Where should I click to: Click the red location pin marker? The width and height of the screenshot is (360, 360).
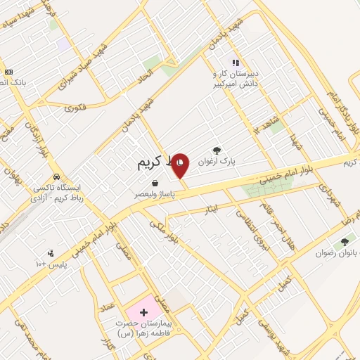[181, 165]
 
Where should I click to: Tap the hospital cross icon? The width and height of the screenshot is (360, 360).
[143, 311]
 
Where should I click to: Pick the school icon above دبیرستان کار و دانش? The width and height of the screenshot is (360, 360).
[236, 62]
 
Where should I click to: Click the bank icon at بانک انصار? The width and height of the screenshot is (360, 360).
[8, 71]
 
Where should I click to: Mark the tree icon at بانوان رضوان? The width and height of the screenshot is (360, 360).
[345, 242]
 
